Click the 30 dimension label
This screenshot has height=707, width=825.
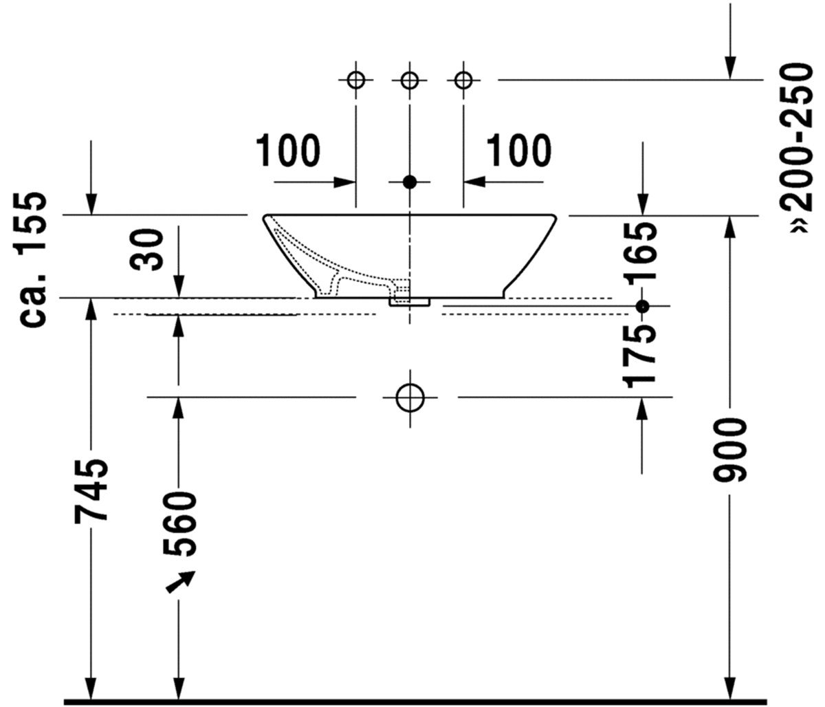pyautogui.click(x=147, y=250)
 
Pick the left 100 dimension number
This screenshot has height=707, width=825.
pyautogui.click(x=288, y=151)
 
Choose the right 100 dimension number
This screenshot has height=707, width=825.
pyautogui.click(x=519, y=151)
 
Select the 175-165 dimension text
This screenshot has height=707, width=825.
pyautogui.click(x=643, y=303)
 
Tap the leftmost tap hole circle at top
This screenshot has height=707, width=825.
pyautogui.click(x=355, y=80)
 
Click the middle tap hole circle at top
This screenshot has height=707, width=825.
pyautogui.click(x=410, y=80)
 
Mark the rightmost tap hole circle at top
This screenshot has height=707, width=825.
pyautogui.click(x=463, y=80)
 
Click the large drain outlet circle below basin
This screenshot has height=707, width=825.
pyautogui.click(x=410, y=397)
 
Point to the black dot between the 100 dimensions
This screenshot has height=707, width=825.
pyautogui.click(x=410, y=182)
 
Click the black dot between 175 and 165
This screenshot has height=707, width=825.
pyautogui.click(x=643, y=307)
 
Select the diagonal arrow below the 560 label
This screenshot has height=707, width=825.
pyautogui.click(x=180, y=581)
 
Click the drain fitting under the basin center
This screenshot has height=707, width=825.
pyautogui.click(x=410, y=301)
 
